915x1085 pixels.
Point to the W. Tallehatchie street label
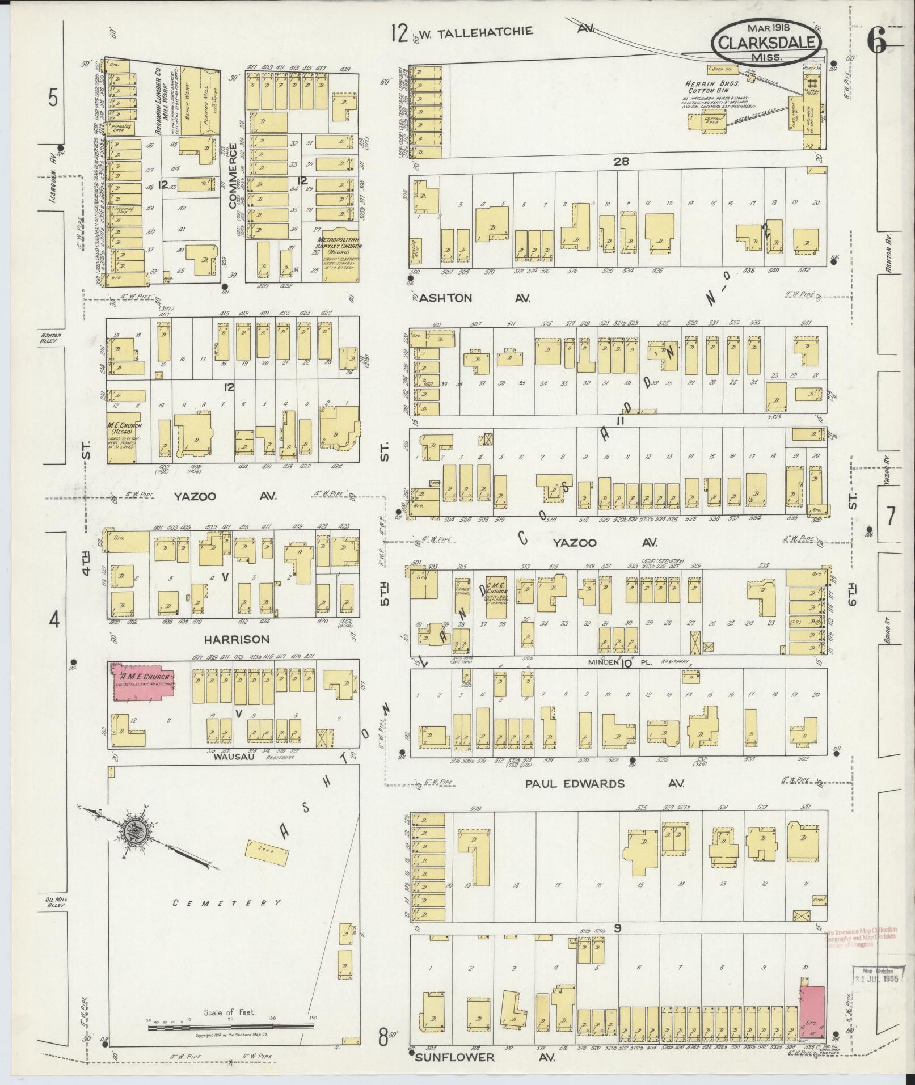[480, 31]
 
